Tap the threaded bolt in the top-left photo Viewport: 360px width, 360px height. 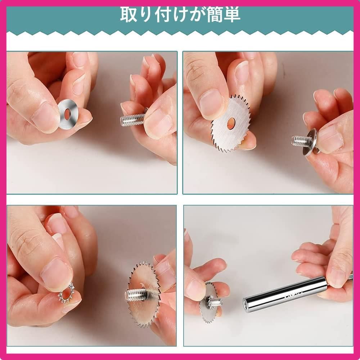click(x=133, y=119)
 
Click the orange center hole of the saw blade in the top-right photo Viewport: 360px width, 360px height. click(x=231, y=123)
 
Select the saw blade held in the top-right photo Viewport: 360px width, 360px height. click(x=230, y=123)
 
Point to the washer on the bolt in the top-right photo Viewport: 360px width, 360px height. click(x=310, y=142)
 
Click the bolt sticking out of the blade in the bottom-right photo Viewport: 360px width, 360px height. click(x=214, y=302)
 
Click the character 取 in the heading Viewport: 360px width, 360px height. click(x=128, y=15)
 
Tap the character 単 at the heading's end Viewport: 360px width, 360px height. click(x=232, y=15)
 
